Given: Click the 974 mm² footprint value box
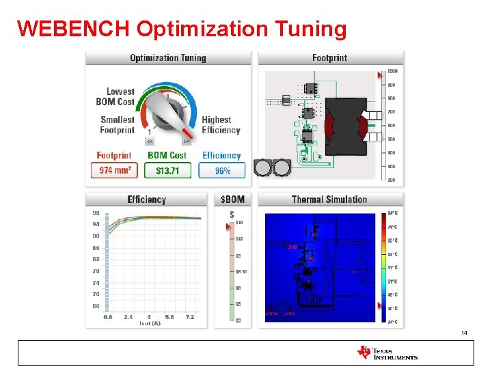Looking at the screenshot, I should point(114,170).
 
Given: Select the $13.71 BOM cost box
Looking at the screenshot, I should point(167,170).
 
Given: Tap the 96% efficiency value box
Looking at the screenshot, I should point(222,170).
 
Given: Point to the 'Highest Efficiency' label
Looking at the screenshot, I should point(221,124).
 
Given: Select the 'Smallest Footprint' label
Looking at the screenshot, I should point(117,124).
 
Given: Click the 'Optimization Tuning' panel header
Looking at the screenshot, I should point(167,58).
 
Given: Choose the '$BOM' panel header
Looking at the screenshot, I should point(232,200).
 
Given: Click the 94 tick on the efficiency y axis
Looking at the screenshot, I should point(96,224).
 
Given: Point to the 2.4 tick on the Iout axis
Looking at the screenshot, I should point(128,317).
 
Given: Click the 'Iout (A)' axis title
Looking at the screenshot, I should point(150,323).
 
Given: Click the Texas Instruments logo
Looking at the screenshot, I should point(387,353).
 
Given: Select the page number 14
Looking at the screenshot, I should point(464,333).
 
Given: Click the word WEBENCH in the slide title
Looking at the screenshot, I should point(73,29).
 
